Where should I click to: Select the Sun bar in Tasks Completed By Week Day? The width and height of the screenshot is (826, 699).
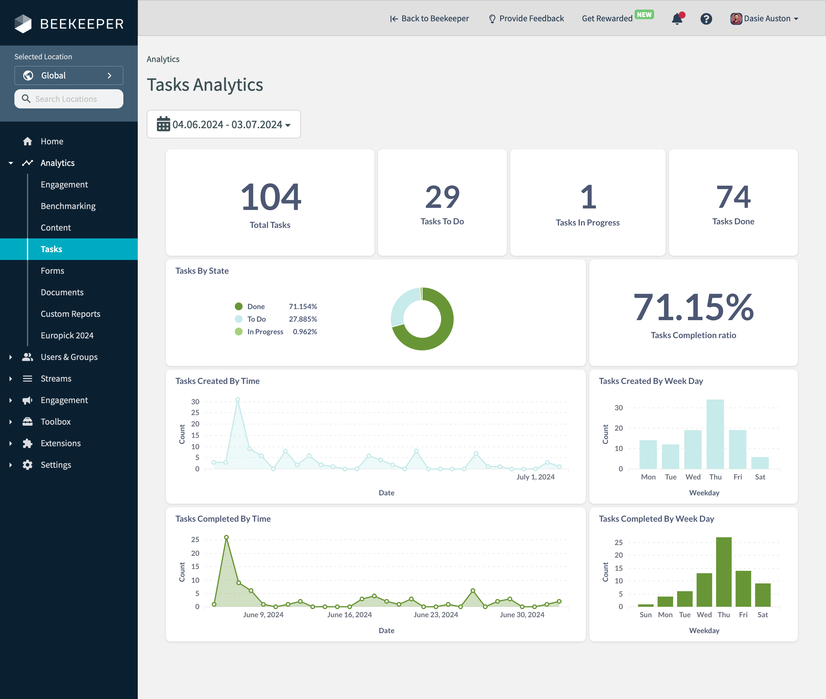[645, 605]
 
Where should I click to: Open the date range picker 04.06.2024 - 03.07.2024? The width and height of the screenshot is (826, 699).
[224, 124]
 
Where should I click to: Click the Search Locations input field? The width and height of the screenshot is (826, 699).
[69, 99]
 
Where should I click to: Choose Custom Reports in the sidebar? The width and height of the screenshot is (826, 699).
[70, 314]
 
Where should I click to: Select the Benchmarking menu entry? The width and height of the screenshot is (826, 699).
[68, 206]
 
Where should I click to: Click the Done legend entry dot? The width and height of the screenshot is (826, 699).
[238, 306]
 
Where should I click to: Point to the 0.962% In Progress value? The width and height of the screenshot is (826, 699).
[305, 332]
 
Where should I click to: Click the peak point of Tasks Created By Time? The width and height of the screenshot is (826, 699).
[237, 400]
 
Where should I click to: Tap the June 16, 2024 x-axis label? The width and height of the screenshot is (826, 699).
[350, 615]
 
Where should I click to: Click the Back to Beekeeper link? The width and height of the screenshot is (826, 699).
[429, 19]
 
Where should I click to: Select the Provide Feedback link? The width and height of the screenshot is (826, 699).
[526, 19]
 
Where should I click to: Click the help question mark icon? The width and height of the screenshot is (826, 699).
[706, 19]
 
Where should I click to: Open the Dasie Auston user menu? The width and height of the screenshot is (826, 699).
[764, 19]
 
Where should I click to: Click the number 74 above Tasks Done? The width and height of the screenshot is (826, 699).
[733, 197]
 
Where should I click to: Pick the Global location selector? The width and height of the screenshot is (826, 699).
[69, 75]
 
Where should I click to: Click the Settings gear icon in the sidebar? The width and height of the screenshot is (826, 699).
[27, 465]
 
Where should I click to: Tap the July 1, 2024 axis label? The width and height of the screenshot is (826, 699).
[535, 477]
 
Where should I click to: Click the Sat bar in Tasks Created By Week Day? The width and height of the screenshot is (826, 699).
[760, 463]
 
